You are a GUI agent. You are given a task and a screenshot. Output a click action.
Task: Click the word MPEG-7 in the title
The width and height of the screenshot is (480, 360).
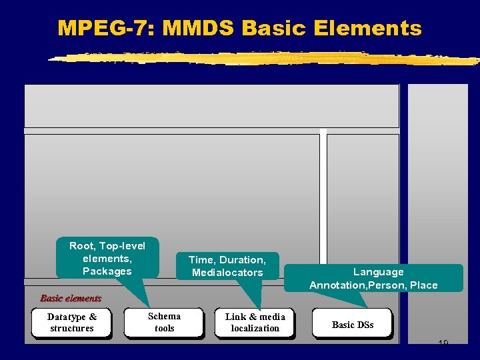106,28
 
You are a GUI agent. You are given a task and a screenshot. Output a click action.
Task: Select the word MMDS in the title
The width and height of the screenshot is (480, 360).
198,28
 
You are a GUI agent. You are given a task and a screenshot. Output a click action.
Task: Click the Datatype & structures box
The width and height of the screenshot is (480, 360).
72,323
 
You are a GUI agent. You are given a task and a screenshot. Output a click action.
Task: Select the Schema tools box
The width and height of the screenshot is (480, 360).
164,323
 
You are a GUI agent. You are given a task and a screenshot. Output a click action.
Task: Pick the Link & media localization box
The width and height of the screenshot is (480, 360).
255,323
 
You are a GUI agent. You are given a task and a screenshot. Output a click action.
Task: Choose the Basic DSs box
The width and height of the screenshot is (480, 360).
353,325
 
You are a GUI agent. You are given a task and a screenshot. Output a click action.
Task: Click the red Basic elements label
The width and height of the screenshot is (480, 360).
71,298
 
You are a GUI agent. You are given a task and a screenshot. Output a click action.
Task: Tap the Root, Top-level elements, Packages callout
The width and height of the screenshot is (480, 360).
107,258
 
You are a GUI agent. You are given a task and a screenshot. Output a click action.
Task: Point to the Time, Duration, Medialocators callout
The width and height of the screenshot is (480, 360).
227,266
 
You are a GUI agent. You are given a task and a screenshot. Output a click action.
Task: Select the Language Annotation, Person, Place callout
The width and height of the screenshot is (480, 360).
373,278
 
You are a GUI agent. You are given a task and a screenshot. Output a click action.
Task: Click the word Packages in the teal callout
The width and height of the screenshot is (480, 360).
107,271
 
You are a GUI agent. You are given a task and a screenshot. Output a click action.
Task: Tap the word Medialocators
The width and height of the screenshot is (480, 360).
227,273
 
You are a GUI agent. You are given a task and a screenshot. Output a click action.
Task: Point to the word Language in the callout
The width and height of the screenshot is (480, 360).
378,271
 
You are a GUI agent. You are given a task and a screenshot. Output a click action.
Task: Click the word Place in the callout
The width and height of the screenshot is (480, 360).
424,285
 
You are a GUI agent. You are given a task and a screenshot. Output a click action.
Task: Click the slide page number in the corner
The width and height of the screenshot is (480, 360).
443,343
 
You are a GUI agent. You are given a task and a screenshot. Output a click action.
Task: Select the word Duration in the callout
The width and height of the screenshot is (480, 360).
242,260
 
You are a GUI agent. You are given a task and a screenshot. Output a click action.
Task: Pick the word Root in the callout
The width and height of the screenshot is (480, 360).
81,245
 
